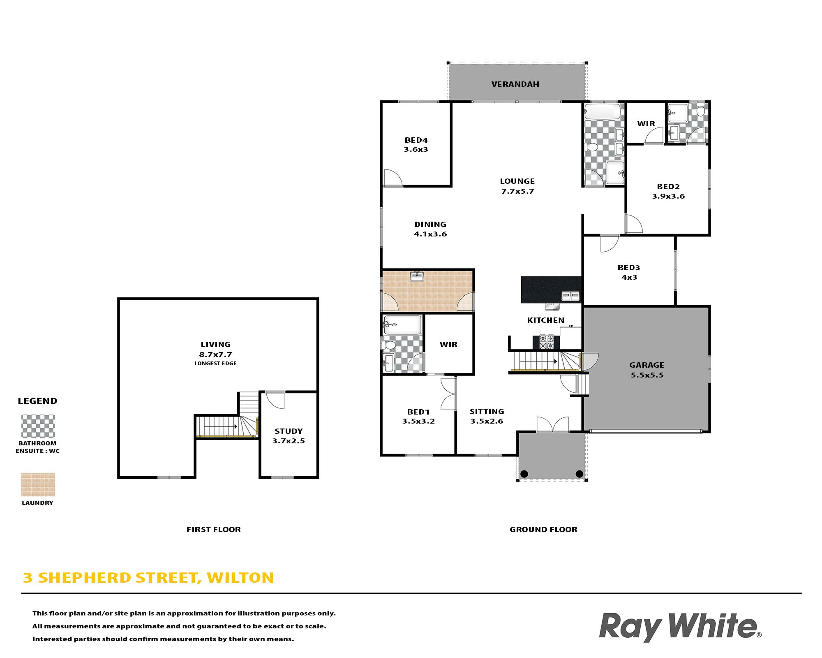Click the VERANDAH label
(515, 84)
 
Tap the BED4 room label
(416, 140)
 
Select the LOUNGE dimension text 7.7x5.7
(517, 191)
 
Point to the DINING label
(430, 225)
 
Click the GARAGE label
(647, 365)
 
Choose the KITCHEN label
(546, 320)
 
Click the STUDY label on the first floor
(289, 431)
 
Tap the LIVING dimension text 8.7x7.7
(216, 354)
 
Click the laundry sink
(417, 276)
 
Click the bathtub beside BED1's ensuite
(402, 325)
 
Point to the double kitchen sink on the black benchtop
(570, 296)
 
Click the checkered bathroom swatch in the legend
(38, 426)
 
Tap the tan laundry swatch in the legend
(38, 485)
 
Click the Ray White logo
(680, 627)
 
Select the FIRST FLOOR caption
(214, 530)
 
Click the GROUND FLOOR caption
(543, 530)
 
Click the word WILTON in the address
(240, 578)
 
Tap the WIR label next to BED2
(646, 124)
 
